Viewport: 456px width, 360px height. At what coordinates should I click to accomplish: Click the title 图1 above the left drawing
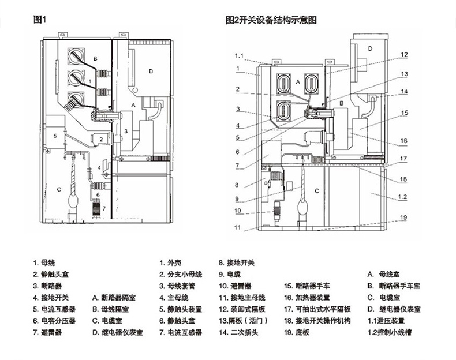(x=40, y=19)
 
